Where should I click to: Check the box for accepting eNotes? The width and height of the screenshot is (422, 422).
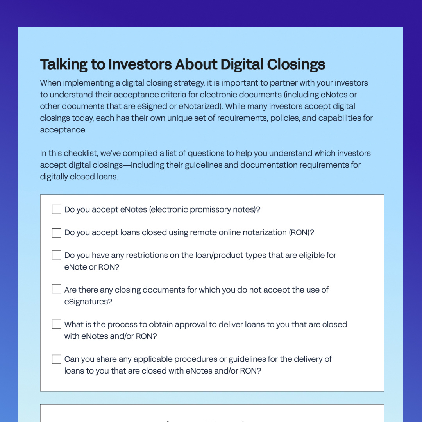[x=57, y=210]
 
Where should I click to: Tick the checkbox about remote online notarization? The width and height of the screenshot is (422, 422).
[x=57, y=233]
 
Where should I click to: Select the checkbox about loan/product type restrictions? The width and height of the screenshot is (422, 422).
[x=57, y=256]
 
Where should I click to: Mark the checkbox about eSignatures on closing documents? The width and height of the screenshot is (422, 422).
[x=57, y=290]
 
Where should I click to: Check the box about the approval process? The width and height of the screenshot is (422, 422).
[x=57, y=324]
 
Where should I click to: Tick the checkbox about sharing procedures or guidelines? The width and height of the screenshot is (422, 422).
[x=57, y=359]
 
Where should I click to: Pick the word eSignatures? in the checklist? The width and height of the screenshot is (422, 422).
[x=88, y=302]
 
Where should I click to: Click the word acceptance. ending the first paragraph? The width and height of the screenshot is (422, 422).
[x=63, y=130]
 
